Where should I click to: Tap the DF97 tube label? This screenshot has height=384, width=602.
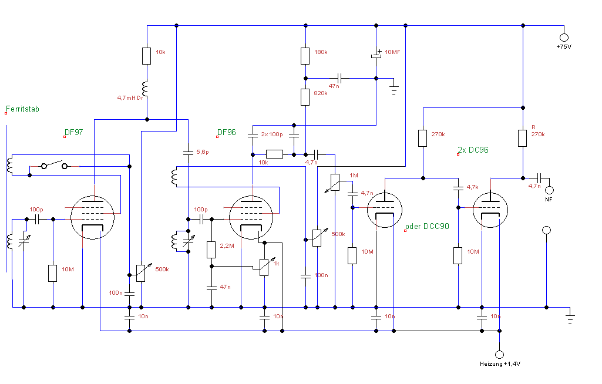pyautogui.click(x=75, y=133)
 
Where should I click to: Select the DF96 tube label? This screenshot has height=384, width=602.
pyautogui.click(x=227, y=133)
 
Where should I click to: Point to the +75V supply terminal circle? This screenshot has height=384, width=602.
pyautogui.click(x=564, y=37)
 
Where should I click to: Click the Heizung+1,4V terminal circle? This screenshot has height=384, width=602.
pyautogui.click(x=499, y=355)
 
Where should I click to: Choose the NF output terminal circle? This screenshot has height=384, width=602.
pyautogui.click(x=550, y=190)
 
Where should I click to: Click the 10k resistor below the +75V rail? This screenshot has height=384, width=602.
pyautogui.click(x=147, y=56)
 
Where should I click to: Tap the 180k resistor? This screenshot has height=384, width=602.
pyautogui.click(x=305, y=56)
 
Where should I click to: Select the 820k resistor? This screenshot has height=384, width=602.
pyautogui.click(x=305, y=97)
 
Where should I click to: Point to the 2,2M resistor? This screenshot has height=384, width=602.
pyautogui.click(x=211, y=250)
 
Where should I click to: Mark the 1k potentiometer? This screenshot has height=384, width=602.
pyautogui.click(x=264, y=267)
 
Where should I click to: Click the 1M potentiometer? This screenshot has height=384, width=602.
pyautogui.click(x=335, y=181)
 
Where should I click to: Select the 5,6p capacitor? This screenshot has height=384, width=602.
pyautogui.click(x=188, y=153)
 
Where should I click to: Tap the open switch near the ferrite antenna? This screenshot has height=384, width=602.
pyautogui.click(x=54, y=166)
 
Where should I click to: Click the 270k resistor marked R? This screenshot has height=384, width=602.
pyautogui.click(x=522, y=138)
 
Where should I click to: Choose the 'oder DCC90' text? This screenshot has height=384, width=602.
pyautogui.click(x=427, y=226)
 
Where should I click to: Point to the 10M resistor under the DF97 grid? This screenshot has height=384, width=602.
pyautogui.click(x=53, y=273)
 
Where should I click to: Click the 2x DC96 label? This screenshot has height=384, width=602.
pyautogui.click(x=473, y=150)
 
